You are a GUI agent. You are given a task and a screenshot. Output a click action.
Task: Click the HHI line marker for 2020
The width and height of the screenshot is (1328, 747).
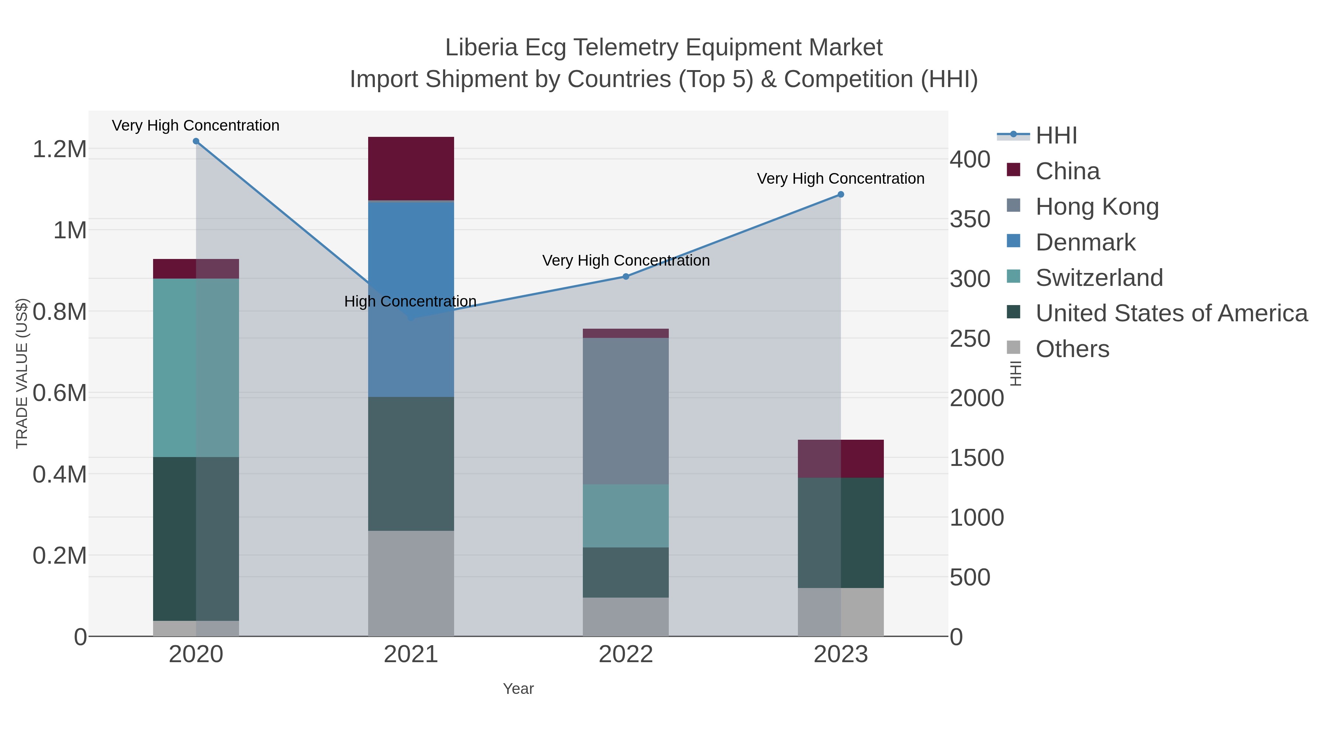[196, 141]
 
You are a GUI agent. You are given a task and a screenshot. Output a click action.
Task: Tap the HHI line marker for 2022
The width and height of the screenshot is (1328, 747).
[626, 276]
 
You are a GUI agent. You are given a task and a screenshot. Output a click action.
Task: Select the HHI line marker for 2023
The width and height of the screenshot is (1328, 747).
[841, 194]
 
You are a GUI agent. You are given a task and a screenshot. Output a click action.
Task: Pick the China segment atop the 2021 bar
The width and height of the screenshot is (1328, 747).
[411, 168]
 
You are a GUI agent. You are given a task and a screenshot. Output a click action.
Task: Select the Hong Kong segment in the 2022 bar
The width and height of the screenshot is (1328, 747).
[626, 411]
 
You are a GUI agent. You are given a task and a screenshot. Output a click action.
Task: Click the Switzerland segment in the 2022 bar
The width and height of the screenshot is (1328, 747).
[626, 516]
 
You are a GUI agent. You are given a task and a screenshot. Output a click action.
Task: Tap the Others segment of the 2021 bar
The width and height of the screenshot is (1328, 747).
[411, 583]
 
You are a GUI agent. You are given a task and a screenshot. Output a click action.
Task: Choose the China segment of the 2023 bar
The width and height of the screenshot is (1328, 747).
[841, 458]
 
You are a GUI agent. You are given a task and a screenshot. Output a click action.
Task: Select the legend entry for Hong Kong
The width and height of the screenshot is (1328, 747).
[1097, 207]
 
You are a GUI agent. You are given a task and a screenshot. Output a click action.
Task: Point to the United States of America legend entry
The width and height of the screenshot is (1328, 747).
[1171, 314]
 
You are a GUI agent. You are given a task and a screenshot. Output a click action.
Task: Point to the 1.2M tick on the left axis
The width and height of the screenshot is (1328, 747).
[60, 149]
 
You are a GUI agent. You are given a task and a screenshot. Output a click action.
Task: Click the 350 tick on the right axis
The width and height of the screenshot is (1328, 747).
[970, 219]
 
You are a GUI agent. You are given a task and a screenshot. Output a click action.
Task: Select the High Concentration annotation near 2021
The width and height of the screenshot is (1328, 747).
[410, 301]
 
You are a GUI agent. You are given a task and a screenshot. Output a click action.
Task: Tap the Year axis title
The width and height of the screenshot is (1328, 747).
[518, 689]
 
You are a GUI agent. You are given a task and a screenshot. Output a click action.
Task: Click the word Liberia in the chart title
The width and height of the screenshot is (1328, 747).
[481, 48]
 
